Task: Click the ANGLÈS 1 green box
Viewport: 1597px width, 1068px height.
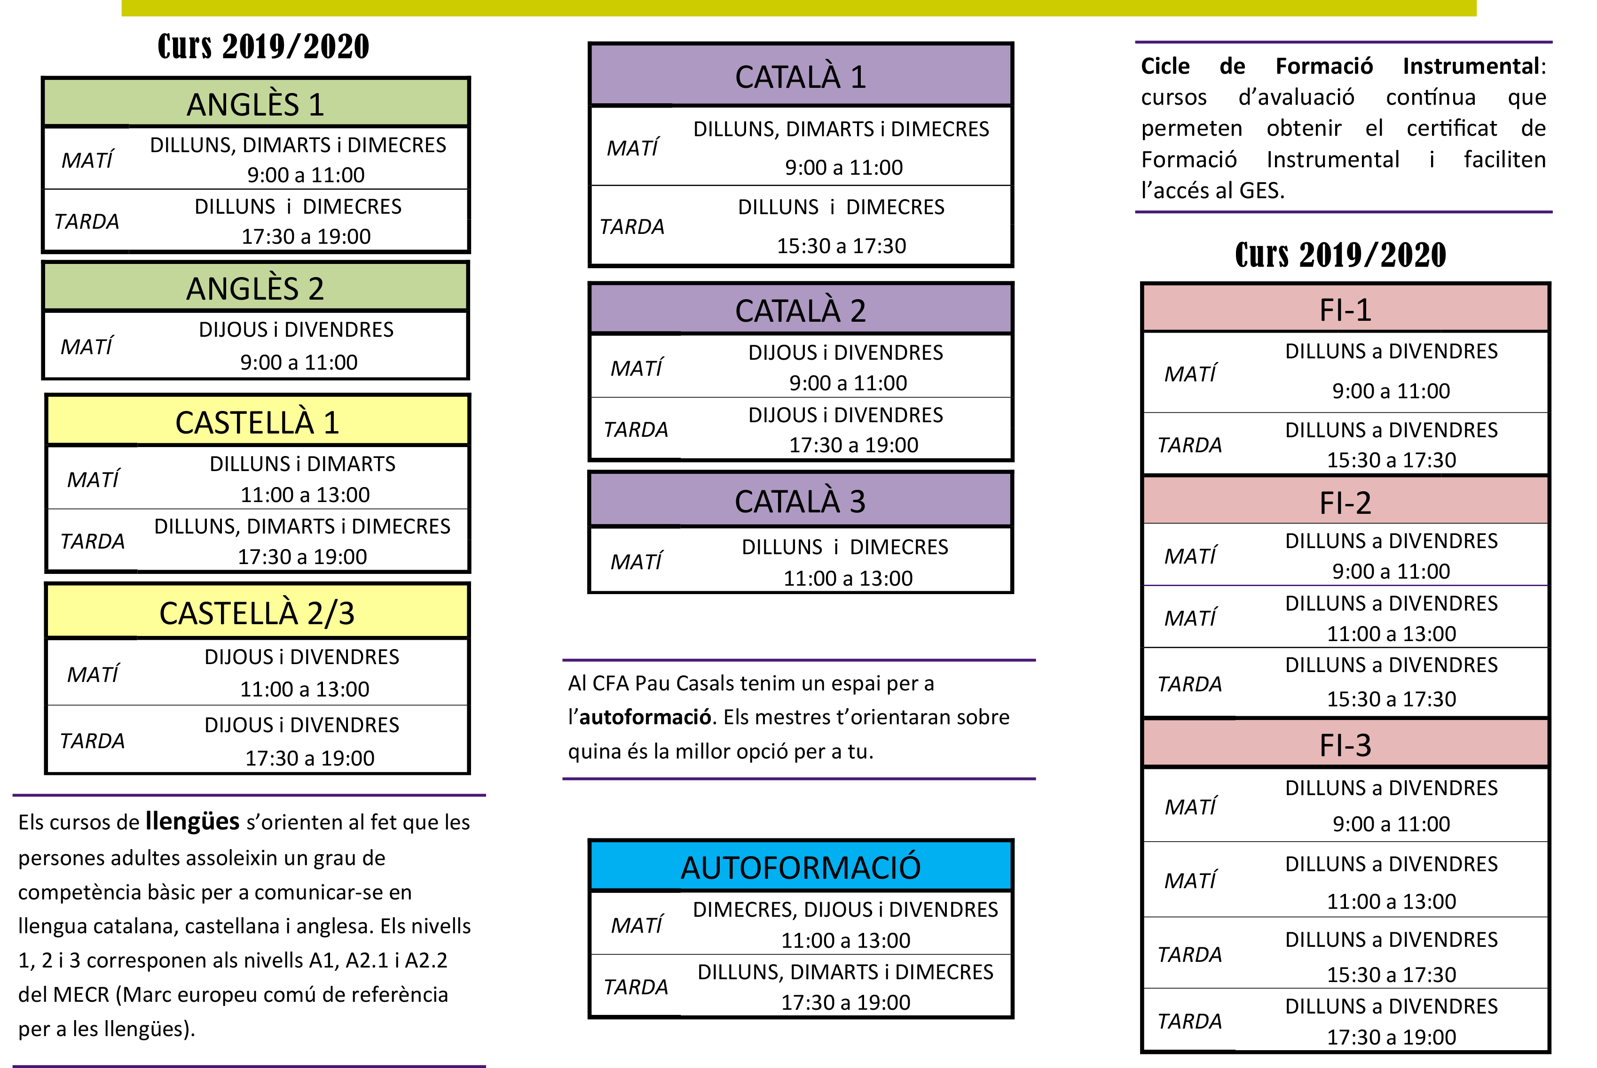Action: tap(256, 102)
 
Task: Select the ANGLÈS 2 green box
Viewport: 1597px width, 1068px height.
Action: tap(256, 286)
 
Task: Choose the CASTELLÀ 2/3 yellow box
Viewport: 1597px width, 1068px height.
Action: tap(258, 611)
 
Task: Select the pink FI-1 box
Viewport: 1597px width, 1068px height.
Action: tap(1345, 308)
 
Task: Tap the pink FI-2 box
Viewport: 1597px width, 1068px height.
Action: tap(1345, 501)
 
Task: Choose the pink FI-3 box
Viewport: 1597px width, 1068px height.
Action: tap(1345, 743)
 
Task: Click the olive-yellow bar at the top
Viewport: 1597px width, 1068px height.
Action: tap(799, 8)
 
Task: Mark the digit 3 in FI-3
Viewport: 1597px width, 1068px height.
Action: tap(1362, 746)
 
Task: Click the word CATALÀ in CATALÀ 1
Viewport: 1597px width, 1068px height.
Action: tap(787, 77)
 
